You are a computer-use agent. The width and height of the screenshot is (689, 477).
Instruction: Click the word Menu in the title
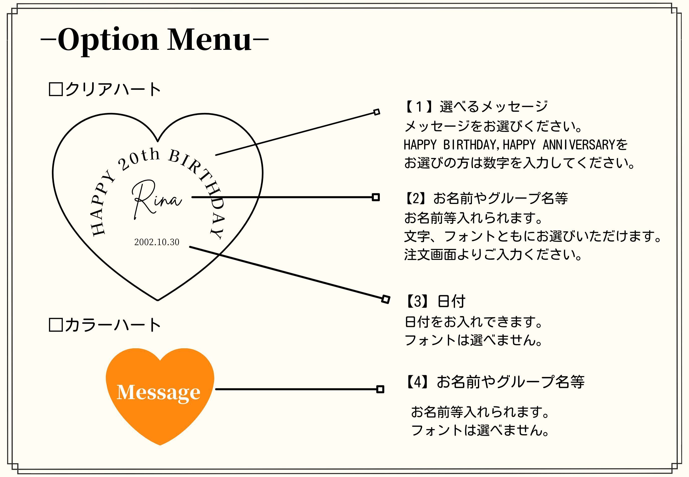[x=209, y=40]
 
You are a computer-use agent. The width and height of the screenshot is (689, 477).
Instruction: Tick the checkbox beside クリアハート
[x=56, y=89]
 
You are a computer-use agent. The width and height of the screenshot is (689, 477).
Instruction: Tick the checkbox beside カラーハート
[x=56, y=325]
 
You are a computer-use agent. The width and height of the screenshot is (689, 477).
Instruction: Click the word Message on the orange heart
[x=158, y=392]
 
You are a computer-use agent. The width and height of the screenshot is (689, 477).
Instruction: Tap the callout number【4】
[x=418, y=382]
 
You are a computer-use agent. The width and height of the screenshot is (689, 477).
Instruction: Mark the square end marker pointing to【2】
[x=376, y=197]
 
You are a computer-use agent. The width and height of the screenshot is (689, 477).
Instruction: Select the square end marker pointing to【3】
[x=386, y=299]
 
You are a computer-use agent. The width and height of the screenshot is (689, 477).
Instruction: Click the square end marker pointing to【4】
[x=380, y=389]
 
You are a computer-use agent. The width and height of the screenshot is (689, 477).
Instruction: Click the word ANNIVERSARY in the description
[x=578, y=145]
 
